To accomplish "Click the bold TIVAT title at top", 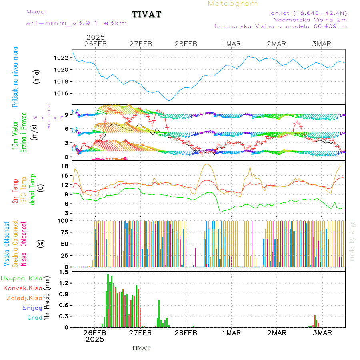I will pyautogui.click(x=147, y=15).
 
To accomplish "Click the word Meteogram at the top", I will pyautogui.click(x=233, y=4).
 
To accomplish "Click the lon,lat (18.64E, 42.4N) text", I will pyautogui.click(x=308, y=13).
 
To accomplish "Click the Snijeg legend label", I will pyautogui.click(x=31, y=308).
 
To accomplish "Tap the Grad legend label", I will pyautogui.click(x=34, y=318).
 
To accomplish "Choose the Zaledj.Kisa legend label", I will pyautogui.click(x=24, y=298).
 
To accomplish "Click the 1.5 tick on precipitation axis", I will pyautogui.click(x=64, y=272).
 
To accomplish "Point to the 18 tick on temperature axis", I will pyautogui.click(x=64, y=166).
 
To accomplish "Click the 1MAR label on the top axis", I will pyautogui.click(x=232, y=44).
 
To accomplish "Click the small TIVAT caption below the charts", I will pyautogui.click(x=141, y=348).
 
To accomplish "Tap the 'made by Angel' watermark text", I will pyautogui.click(x=352, y=240).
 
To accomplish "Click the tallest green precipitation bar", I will pyautogui.click(x=108, y=300).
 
